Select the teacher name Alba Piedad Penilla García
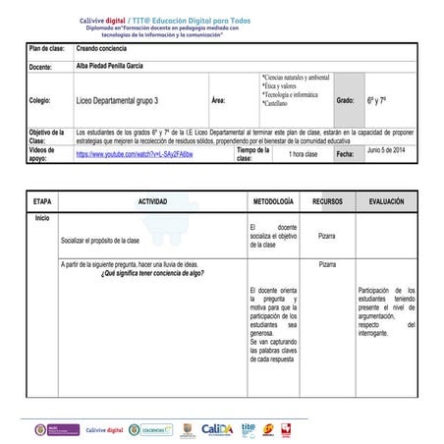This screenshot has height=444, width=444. pos(117,64)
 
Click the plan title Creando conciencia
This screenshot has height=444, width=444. pos(102,47)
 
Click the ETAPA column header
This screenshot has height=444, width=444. pos(42,200)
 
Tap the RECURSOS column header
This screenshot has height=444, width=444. pos(327,200)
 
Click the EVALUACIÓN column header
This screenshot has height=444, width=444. pos(386,200)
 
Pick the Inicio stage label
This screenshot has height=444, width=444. pos(42,217)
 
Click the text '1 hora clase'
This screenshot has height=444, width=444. pos(304,155)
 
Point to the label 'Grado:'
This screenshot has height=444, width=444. pos(345,100)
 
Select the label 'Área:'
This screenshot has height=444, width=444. pos(218,100)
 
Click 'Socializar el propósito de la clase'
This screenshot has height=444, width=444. pos(100,239)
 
